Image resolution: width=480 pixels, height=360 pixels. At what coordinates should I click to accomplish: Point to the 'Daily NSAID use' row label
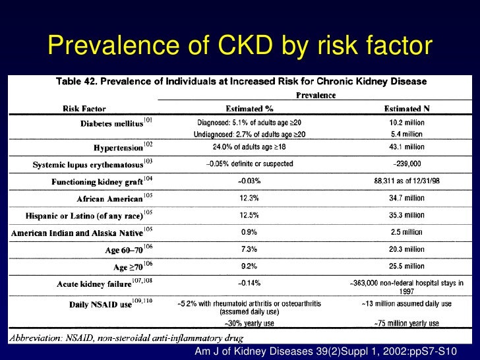click(x=105, y=305)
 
